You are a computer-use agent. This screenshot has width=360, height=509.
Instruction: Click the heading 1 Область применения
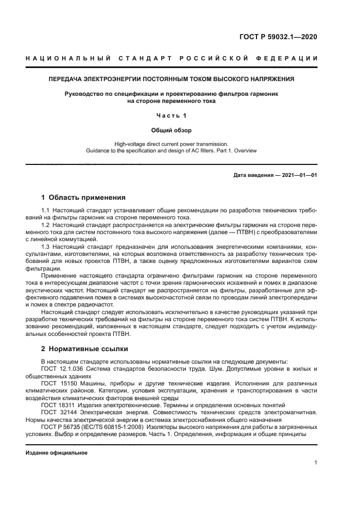point(83,197)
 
